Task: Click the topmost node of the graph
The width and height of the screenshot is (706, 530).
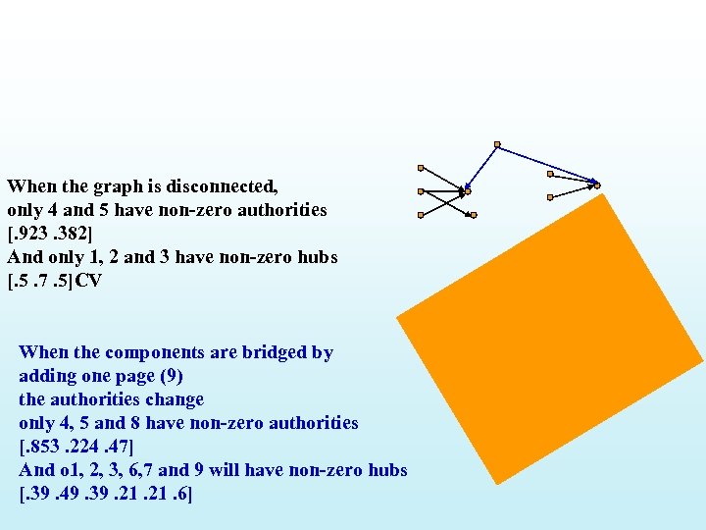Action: [497, 144]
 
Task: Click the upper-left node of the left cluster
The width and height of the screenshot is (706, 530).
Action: [421, 168]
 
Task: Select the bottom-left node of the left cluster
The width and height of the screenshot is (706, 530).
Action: [421, 214]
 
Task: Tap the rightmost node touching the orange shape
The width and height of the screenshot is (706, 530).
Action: [596, 185]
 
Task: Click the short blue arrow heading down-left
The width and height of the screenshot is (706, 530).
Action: [481, 166]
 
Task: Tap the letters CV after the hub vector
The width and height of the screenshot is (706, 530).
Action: [89, 281]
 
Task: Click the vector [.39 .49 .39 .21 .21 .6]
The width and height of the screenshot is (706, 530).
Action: [106, 494]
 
